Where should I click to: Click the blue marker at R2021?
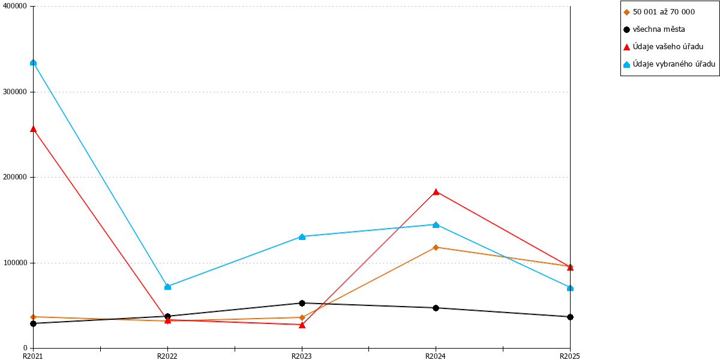click(x=33, y=62)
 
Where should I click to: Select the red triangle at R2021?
click(x=33, y=129)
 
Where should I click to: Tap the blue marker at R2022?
click(x=167, y=286)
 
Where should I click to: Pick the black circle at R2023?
click(x=302, y=303)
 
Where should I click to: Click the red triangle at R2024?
click(x=436, y=192)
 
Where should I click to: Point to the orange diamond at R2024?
click(x=436, y=247)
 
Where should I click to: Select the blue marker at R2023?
click(x=302, y=237)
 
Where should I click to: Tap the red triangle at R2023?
click(x=302, y=325)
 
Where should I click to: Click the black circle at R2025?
click(x=570, y=317)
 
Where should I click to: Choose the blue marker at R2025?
click(x=570, y=288)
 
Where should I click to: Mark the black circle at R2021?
click(x=33, y=323)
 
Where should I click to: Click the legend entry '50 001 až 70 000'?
click(x=664, y=12)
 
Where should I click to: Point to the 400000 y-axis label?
click(x=15, y=6)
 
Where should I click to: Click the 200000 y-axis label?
click(x=15, y=177)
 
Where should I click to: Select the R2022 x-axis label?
click(x=167, y=356)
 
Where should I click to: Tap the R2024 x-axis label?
click(x=436, y=356)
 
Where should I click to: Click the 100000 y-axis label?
click(x=15, y=263)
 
